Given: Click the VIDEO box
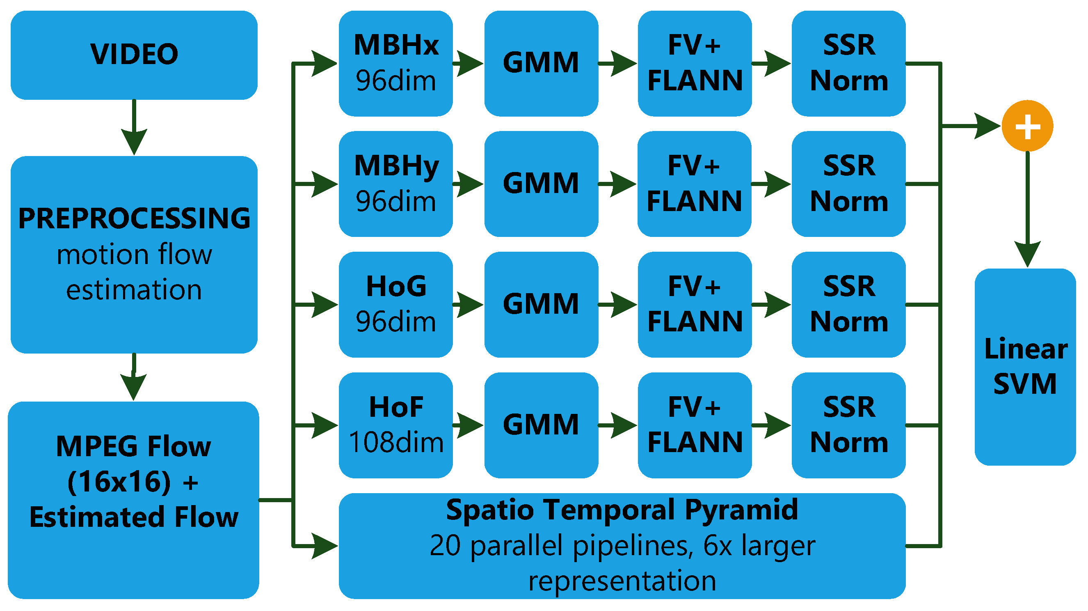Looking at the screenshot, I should (x=134, y=55).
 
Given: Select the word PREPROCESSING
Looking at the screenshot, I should (x=134, y=218).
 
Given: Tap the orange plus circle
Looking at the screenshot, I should (x=1027, y=126).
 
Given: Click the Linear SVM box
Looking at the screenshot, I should (x=1025, y=367).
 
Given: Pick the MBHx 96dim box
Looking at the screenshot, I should (x=396, y=63).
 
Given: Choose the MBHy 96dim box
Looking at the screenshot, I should (x=396, y=184).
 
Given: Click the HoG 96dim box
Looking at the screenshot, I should (x=396, y=304).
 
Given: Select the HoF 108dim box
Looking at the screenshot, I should (x=396, y=425).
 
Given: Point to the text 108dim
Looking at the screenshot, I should (x=396, y=443).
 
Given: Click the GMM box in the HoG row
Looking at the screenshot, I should (x=541, y=304).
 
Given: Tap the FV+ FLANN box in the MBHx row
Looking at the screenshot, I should (x=695, y=63).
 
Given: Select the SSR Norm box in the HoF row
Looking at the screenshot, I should (x=848, y=425).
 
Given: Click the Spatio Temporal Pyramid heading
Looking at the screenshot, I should (x=622, y=510).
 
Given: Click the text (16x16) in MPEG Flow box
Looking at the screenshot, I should (x=119, y=482).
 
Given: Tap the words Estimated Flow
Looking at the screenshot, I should (x=134, y=517).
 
